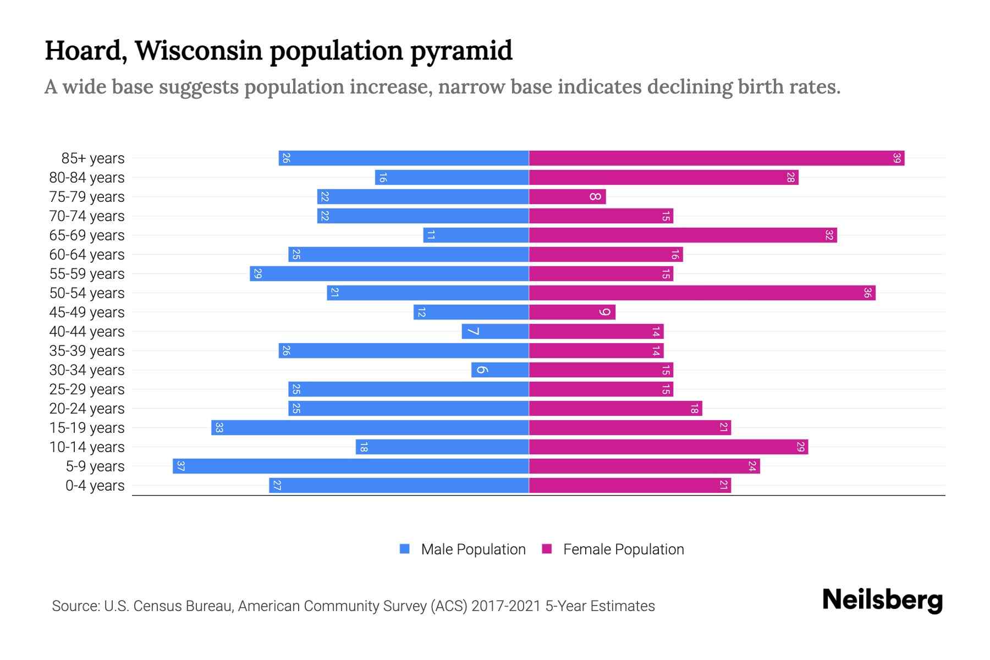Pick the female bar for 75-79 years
click(566, 197)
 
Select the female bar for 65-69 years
click(682, 235)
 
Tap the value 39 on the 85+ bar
click(897, 158)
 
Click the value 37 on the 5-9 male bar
click(180, 466)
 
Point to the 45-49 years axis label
click(87, 312)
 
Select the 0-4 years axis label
click(95, 486)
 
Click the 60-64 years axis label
click(87, 255)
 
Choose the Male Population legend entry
click(473, 549)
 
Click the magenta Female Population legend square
click(547, 549)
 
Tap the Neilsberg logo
click(882, 600)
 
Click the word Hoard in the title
click(82, 51)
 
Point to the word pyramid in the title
click(461, 51)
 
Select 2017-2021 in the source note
click(506, 606)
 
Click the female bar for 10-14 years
click(668, 447)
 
